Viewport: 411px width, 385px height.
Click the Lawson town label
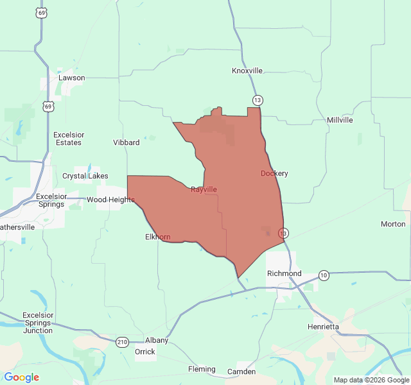71,78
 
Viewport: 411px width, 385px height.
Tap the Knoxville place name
247,71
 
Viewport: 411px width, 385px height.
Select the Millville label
340,120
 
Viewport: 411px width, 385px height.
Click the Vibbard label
126,142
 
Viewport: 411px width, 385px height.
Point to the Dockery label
274,173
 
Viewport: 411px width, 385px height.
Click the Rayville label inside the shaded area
204,189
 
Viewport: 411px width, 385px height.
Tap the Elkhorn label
158,237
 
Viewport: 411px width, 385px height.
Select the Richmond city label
284,273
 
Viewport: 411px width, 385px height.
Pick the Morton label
393,224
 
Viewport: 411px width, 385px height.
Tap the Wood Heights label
110,200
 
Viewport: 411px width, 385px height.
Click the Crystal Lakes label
85,176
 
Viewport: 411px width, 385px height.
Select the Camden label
241,372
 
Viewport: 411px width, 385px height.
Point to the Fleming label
202,369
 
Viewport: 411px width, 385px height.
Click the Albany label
157,341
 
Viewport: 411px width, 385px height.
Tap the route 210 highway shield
123,342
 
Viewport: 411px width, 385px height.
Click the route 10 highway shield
324,275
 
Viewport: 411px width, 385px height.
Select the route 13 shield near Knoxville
258,100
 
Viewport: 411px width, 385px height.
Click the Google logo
22,377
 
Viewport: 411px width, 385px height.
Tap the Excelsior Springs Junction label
38,323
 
